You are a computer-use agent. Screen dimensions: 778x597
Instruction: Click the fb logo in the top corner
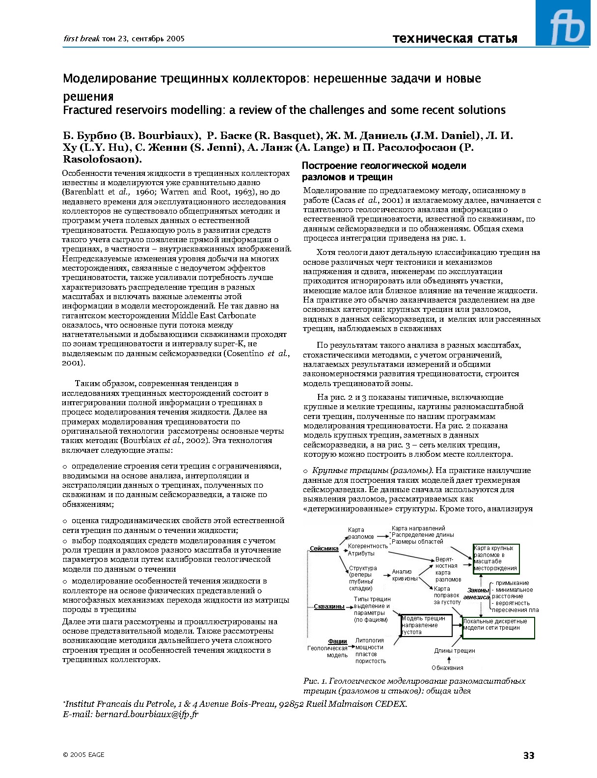[566, 23]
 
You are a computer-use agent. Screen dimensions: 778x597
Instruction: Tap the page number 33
[528, 755]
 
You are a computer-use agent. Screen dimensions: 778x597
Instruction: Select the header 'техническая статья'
[455, 39]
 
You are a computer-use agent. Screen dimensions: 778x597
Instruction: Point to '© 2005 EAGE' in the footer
[83, 755]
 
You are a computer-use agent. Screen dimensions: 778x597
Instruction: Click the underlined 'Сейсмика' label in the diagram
[324, 549]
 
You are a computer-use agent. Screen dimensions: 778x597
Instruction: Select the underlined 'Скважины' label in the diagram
[328, 607]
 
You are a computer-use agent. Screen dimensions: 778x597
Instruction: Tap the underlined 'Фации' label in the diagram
[337, 641]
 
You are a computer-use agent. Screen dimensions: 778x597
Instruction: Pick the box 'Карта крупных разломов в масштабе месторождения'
[496, 558]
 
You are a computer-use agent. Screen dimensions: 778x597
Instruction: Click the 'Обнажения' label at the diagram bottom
[447, 667]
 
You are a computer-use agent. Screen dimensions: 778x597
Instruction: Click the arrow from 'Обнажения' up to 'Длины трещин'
[449, 660]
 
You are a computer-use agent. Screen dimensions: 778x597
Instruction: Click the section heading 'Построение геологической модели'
[384, 166]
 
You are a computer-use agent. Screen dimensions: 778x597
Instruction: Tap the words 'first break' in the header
[81, 39]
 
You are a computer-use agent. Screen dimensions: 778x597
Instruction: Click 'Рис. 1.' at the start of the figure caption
[315, 681]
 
